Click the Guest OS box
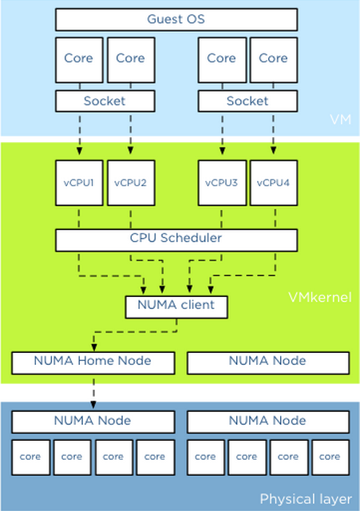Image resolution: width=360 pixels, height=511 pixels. pyautogui.click(x=176, y=19)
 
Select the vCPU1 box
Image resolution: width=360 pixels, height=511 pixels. pyautogui.click(x=79, y=183)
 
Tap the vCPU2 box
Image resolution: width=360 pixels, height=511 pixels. pyautogui.click(x=131, y=183)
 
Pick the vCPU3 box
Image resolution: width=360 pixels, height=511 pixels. pyautogui.click(x=222, y=183)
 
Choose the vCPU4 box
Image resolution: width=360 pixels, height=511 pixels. pyautogui.click(x=274, y=183)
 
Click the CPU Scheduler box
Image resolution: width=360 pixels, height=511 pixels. pyautogui.click(x=176, y=240)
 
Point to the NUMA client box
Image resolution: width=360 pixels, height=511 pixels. pyautogui.click(x=176, y=307)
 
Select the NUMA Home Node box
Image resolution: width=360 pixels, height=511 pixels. pyautogui.click(x=93, y=362)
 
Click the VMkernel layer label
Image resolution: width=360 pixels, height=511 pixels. pyautogui.click(x=320, y=297)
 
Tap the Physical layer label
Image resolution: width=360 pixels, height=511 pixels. pyautogui.click(x=306, y=499)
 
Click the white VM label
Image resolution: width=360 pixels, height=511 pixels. pyautogui.click(x=341, y=120)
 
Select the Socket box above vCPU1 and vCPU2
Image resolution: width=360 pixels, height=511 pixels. pyautogui.click(x=105, y=101)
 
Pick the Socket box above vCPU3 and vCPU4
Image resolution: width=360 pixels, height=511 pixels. pyautogui.click(x=247, y=101)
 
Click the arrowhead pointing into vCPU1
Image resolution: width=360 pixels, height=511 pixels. pyautogui.click(x=80, y=151)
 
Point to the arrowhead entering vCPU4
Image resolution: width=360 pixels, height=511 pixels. pyautogui.click(x=274, y=151)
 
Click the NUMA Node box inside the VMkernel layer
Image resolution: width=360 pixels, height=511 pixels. pyautogui.click(x=268, y=362)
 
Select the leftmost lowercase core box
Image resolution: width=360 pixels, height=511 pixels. pyautogui.click(x=30, y=458)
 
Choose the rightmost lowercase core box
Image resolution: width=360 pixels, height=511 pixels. pyautogui.click(x=330, y=458)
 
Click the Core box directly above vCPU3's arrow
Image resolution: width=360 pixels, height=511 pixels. pyautogui.click(x=222, y=60)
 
